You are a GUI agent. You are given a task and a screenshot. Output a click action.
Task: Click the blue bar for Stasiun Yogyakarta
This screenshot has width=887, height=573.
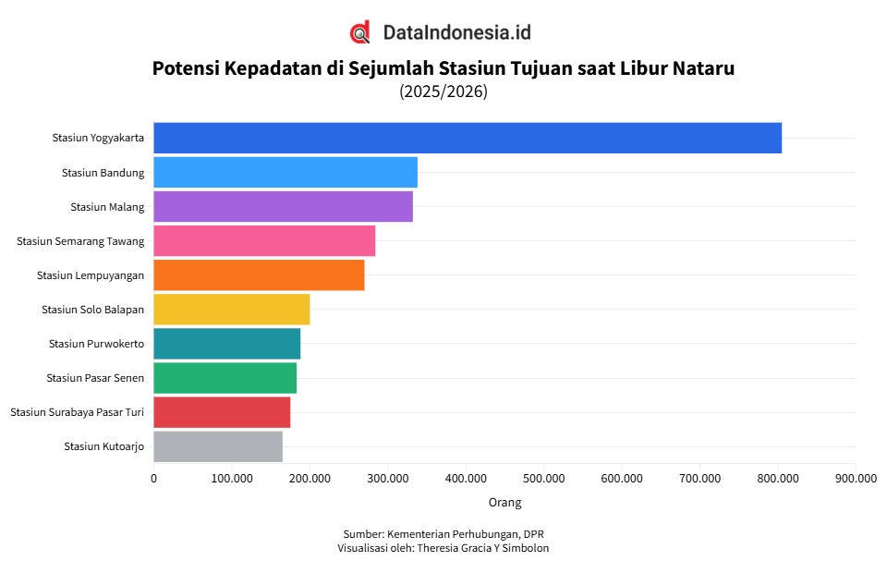(x=467, y=138)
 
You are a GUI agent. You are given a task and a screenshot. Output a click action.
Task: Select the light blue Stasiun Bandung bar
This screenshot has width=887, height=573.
(x=285, y=172)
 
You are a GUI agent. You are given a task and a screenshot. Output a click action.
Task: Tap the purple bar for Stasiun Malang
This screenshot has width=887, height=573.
(x=283, y=206)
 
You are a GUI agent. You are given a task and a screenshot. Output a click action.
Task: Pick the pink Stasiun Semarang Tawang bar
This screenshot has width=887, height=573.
(x=264, y=240)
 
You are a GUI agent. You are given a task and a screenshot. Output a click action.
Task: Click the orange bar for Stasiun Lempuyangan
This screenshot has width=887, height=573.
(x=259, y=274)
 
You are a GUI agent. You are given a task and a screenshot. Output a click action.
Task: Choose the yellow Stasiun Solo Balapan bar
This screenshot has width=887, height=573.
(x=231, y=309)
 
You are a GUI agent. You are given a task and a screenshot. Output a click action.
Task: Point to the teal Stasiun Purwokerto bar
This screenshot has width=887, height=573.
(x=226, y=343)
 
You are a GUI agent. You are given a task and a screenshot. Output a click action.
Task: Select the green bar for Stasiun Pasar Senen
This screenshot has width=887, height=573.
(x=225, y=377)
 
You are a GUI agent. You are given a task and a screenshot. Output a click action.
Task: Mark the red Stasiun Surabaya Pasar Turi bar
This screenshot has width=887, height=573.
(x=222, y=411)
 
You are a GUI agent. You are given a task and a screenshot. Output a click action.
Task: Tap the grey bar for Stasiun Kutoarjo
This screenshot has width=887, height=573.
(x=217, y=445)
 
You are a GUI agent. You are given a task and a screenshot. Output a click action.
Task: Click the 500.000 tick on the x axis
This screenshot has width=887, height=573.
(x=544, y=478)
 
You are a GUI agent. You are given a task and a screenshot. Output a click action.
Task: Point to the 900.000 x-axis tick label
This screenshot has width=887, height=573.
(x=856, y=478)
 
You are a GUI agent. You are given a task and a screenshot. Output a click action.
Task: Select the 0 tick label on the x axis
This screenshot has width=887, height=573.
(x=153, y=478)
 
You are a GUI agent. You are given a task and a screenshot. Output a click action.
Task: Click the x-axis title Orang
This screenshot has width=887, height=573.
(x=504, y=502)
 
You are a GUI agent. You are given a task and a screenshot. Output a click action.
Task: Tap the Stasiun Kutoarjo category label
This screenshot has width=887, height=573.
(x=103, y=446)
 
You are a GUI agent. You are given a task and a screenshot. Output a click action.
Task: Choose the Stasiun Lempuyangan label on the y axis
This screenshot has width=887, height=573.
(x=91, y=275)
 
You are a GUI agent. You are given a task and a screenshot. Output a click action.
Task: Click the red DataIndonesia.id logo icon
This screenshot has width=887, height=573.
(x=360, y=32)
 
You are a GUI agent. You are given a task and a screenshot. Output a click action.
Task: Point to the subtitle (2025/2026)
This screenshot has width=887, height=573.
(x=443, y=91)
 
